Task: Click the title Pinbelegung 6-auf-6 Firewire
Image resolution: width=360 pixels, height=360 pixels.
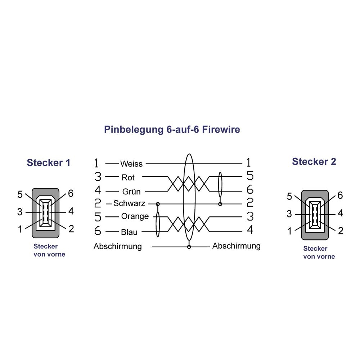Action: (x=172, y=129)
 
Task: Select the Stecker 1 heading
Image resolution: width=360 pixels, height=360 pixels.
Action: (x=48, y=163)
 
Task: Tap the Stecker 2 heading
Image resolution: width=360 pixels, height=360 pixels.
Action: (x=314, y=162)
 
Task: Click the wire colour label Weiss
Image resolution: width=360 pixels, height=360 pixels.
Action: (x=131, y=164)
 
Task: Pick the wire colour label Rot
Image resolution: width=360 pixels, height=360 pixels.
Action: (x=128, y=177)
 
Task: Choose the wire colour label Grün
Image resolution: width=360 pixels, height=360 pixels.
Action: (x=131, y=192)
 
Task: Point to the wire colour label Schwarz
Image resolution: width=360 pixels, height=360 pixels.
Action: (x=129, y=203)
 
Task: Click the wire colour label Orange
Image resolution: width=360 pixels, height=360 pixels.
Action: (x=135, y=216)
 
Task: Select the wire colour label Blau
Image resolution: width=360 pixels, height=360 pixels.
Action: (x=129, y=232)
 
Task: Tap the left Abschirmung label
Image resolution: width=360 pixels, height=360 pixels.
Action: (x=117, y=247)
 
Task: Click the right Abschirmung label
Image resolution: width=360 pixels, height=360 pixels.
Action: (x=236, y=246)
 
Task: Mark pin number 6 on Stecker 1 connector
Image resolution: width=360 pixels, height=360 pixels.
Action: (x=71, y=194)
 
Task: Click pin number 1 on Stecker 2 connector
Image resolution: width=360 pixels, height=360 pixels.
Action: (x=289, y=231)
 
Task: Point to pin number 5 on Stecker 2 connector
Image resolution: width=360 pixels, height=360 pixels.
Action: (x=289, y=197)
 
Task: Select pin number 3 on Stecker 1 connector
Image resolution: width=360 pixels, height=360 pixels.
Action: (x=20, y=212)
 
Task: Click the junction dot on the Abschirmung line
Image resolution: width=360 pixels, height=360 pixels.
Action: (x=189, y=247)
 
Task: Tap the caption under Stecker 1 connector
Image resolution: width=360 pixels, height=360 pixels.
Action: (x=49, y=251)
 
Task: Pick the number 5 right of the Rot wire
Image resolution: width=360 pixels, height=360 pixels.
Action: (x=249, y=176)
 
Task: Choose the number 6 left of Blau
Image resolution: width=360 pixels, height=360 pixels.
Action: (x=98, y=230)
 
